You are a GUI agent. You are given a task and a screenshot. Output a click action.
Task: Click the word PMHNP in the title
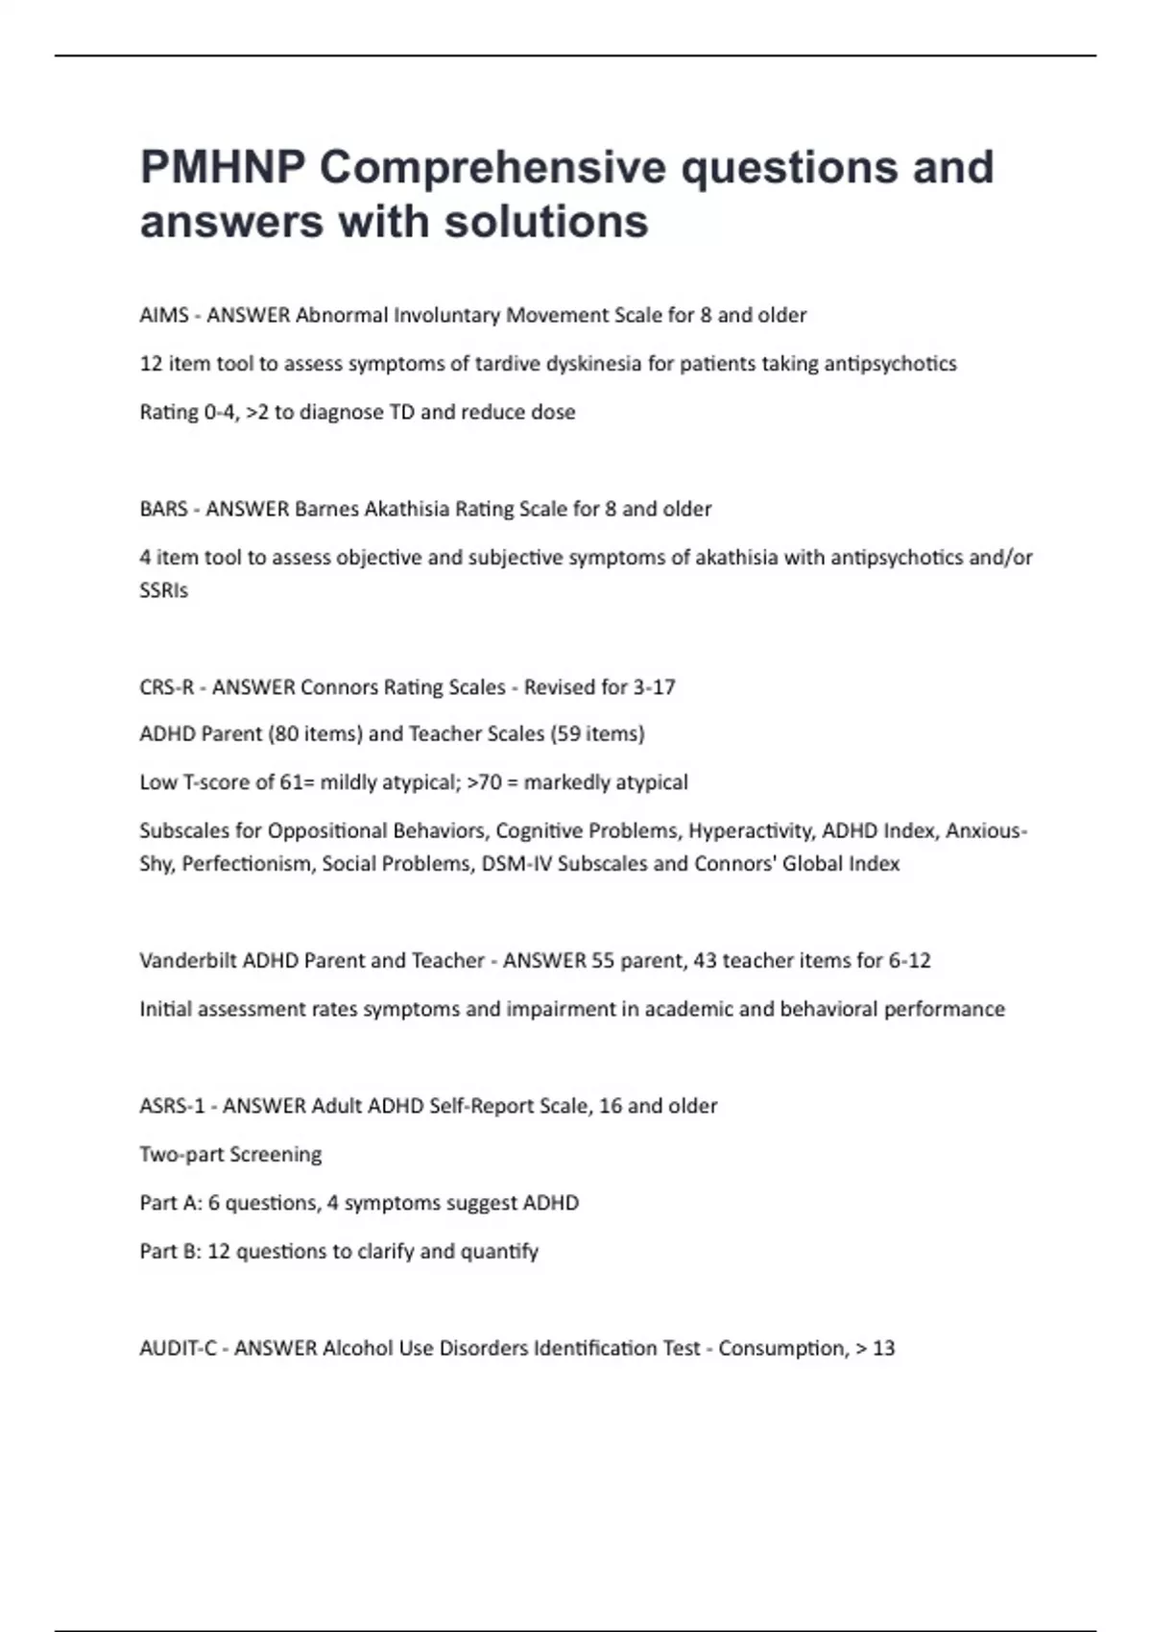(223, 167)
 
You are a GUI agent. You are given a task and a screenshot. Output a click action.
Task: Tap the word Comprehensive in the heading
(493, 169)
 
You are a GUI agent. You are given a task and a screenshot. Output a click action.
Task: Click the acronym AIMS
(164, 315)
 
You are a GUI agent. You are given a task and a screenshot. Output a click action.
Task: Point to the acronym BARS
(163, 509)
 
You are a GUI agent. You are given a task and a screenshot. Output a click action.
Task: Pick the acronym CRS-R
(166, 687)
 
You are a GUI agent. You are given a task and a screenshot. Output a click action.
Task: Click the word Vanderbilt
(188, 960)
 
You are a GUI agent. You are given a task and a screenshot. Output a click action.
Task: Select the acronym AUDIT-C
(178, 1348)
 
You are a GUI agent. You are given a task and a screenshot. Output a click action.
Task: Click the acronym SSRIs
(163, 590)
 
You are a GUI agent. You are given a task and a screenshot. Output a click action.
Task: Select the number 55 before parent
(602, 960)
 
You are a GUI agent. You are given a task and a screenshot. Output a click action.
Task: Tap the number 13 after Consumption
(883, 1348)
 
